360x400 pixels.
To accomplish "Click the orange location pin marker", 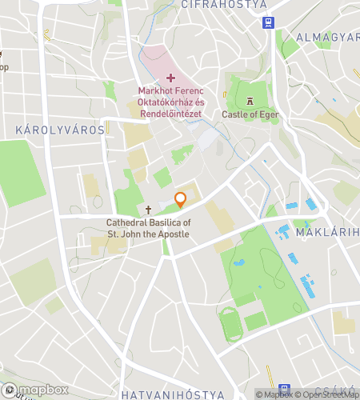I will click(x=181, y=200).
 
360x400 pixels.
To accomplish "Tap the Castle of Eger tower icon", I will click(x=250, y=101).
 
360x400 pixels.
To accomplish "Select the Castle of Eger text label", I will click(x=250, y=115).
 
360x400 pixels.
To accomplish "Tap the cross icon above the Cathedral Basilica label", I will click(x=148, y=209).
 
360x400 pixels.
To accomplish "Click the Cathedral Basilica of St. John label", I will click(x=148, y=228).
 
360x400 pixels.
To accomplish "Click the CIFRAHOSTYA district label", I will click(x=212, y=5).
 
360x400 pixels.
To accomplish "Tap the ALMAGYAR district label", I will click(x=328, y=38).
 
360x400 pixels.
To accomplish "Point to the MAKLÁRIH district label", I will click(x=327, y=233).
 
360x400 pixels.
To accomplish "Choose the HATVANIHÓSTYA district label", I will click(x=172, y=394).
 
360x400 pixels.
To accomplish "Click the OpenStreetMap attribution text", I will click(x=329, y=394).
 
